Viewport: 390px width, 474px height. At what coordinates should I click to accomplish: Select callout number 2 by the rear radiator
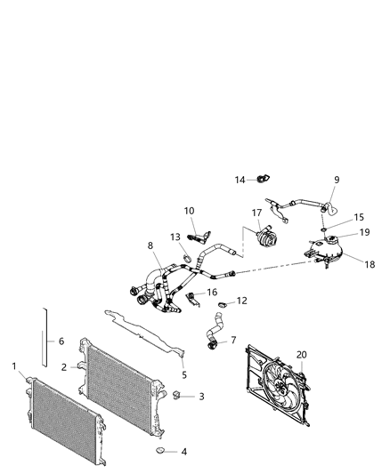(63, 366)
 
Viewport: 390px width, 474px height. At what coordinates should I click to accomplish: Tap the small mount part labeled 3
(179, 395)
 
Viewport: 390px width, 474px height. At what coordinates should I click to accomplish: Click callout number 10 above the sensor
(189, 211)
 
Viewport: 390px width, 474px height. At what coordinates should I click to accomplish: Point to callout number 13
(175, 237)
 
